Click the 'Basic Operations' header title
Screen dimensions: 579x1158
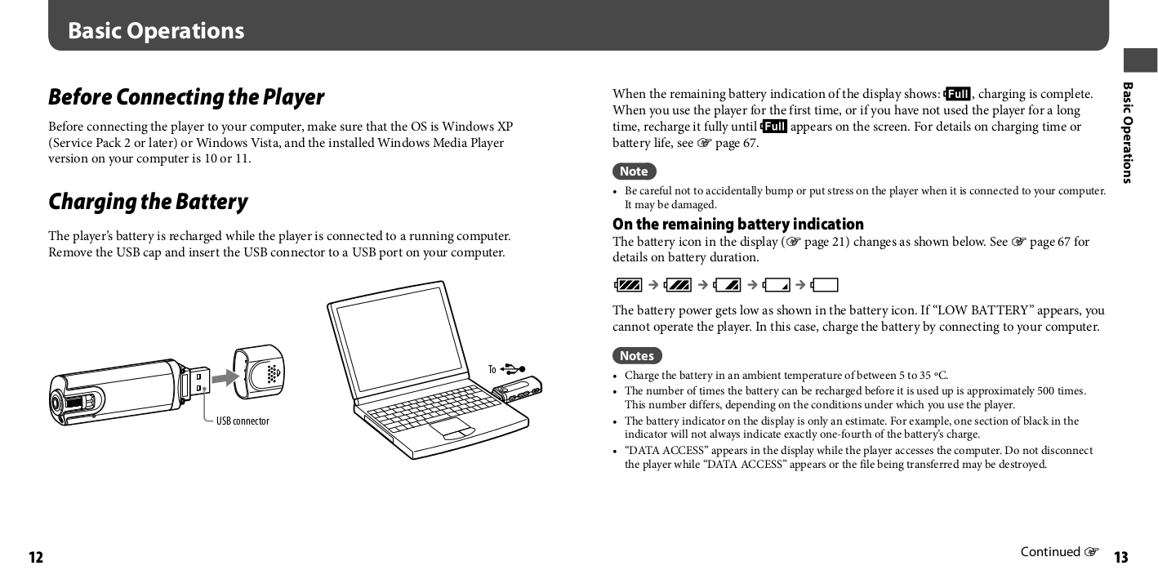click(156, 31)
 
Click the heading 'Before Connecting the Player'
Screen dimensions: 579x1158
click(186, 97)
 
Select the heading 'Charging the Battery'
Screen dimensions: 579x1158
click(148, 202)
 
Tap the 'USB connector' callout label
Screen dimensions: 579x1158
click(243, 421)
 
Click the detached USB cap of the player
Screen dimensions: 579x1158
click(259, 372)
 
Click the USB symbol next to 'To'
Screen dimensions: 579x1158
click(514, 369)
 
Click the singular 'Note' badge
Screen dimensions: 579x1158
click(634, 171)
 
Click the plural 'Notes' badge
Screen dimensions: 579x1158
click(637, 356)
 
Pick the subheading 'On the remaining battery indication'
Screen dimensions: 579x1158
click(737, 224)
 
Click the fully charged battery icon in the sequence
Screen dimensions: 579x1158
click(630, 285)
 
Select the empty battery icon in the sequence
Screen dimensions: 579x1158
click(825, 285)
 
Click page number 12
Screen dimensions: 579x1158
click(36, 558)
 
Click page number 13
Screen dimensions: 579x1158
click(1120, 558)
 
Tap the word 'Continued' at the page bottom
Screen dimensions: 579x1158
click(1050, 552)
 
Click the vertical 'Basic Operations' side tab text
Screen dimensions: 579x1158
click(1128, 132)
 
